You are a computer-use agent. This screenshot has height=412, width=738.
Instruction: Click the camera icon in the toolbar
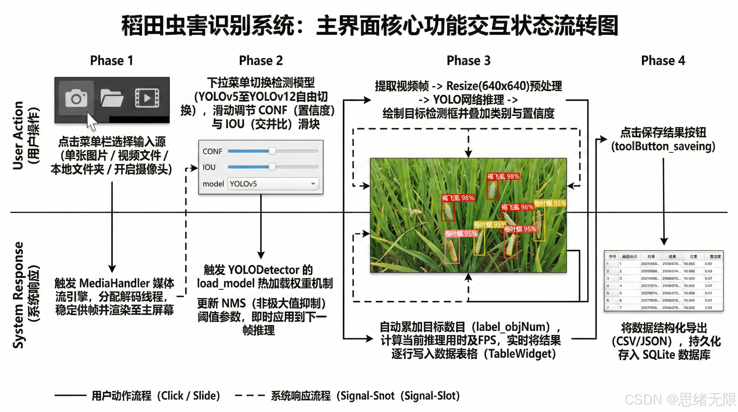click(76, 98)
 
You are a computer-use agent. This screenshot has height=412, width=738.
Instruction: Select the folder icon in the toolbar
click(112, 98)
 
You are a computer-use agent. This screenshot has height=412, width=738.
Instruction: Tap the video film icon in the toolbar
click(147, 98)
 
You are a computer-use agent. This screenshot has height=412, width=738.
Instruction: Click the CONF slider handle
click(272, 151)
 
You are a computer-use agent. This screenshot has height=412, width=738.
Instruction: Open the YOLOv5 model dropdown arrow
click(313, 183)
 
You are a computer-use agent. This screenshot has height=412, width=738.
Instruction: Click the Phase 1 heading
click(112, 60)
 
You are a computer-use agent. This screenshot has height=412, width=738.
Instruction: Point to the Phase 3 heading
click(468, 60)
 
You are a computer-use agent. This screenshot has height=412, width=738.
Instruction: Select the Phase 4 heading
click(663, 60)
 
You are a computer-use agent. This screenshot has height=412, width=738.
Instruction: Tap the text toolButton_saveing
click(663, 146)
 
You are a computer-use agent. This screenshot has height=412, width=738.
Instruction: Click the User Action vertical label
click(18, 135)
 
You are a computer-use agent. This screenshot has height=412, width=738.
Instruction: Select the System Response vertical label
click(18, 295)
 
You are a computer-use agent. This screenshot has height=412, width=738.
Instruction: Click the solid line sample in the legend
click(70, 396)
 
